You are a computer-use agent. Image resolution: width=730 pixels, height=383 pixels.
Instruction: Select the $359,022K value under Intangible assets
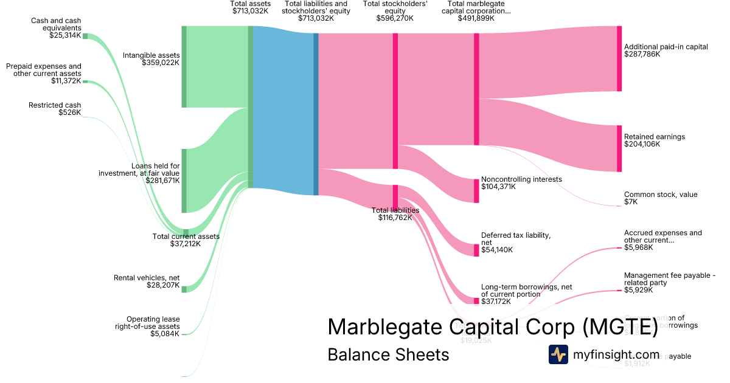tap(161, 63)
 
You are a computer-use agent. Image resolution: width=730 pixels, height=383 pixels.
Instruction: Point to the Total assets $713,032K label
tap(250, 7)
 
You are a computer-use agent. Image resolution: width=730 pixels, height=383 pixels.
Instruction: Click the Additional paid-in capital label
tap(666, 46)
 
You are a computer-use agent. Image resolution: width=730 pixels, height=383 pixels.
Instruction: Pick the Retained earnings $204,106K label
tap(654, 140)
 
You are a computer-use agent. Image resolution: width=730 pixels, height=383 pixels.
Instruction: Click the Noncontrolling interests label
tap(521, 179)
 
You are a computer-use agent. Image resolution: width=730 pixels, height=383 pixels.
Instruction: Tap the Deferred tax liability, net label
tap(515, 238)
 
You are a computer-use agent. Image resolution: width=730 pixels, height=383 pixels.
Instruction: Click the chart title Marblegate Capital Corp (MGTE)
tap(493, 326)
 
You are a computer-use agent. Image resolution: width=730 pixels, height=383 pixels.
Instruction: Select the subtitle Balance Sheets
tap(388, 354)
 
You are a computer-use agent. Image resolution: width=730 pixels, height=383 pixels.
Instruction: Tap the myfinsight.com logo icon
tap(558, 354)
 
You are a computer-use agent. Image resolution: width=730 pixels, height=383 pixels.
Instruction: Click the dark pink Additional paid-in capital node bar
tap(619, 58)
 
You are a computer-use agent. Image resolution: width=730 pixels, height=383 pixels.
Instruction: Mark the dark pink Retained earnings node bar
tap(619, 148)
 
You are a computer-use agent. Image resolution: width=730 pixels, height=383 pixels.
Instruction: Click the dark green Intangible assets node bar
tap(184, 67)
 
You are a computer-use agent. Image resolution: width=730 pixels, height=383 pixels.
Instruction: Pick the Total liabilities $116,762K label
tap(395, 213)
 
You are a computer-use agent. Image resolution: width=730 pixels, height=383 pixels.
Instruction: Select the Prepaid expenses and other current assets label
tap(43, 70)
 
